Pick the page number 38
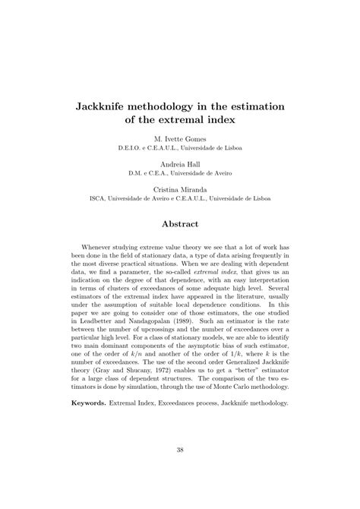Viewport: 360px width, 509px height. (180, 471)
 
